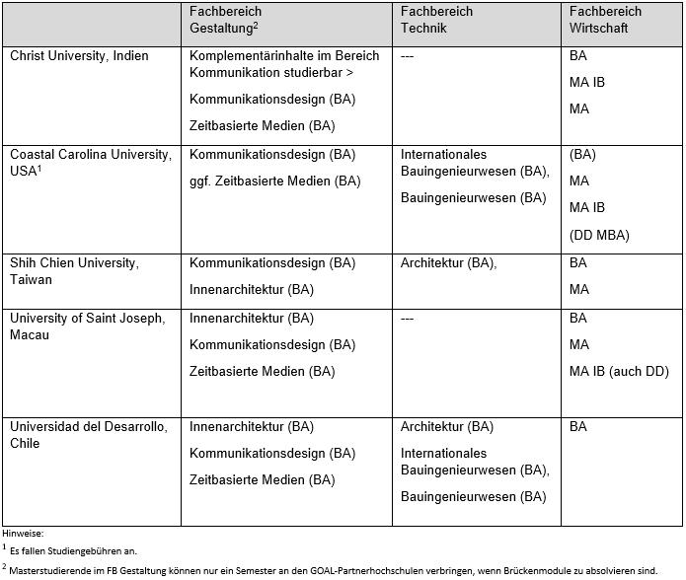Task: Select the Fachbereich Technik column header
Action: (x=436, y=20)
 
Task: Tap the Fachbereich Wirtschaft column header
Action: (x=605, y=20)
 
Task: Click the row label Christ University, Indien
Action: (x=79, y=56)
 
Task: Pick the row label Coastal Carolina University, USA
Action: (x=90, y=162)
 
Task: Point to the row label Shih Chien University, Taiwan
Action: (x=74, y=271)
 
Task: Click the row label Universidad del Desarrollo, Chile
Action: (x=89, y=435)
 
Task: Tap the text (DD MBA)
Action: (x=599, y=235)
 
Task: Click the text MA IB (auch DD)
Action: (x=619, y=372)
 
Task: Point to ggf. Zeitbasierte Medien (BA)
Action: (x=274, y=181)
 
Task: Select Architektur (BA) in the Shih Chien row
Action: (x=448, y=263)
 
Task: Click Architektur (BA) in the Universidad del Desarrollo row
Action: (x=447, y=427)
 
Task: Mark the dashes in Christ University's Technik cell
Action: (x=409, y=56)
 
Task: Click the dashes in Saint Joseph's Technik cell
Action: (x=409, y=319)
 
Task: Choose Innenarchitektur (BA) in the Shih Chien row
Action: (x=251, y=290)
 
